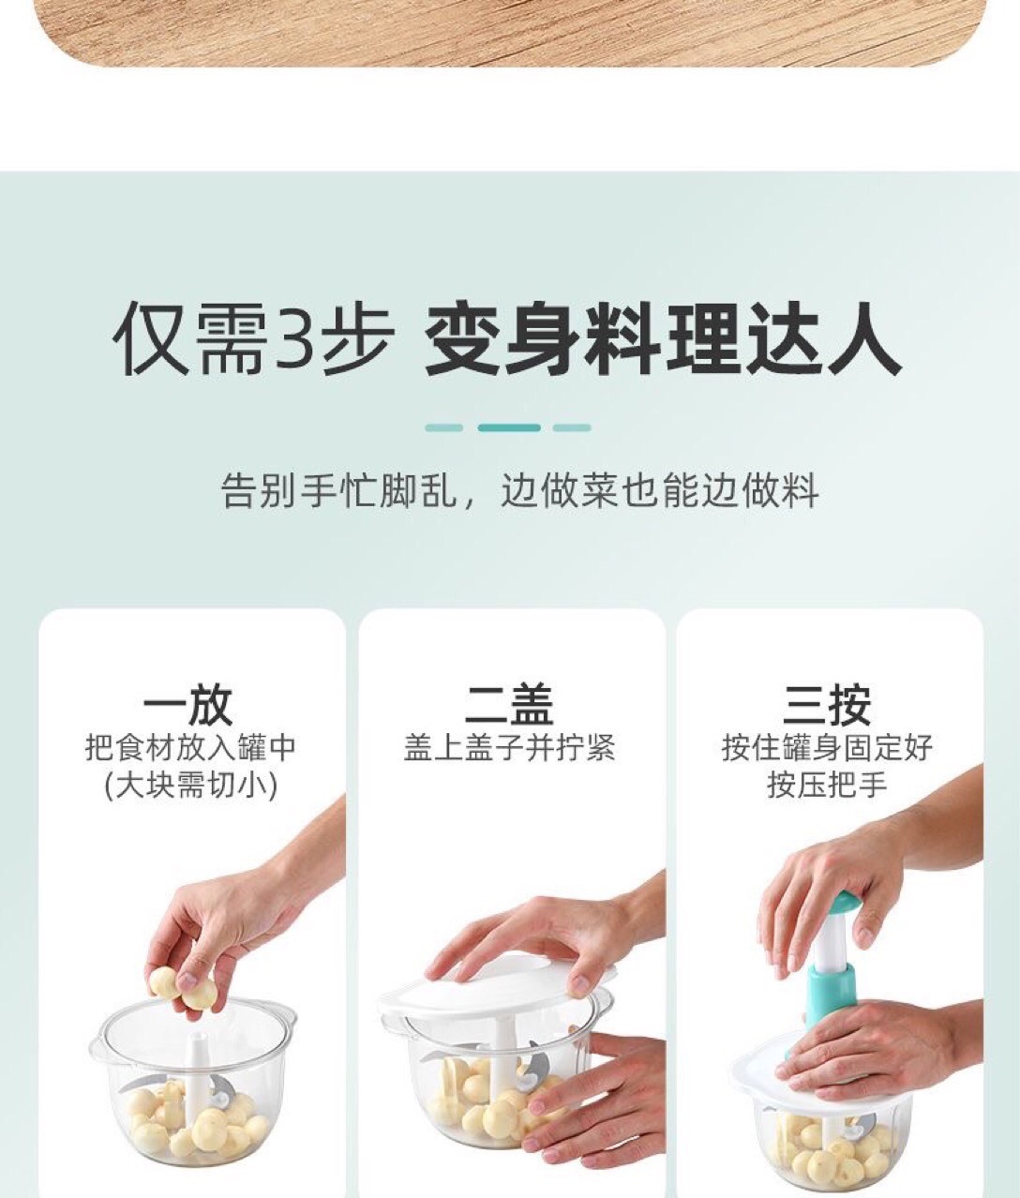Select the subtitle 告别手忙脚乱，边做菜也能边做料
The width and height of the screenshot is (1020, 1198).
coord(519,490)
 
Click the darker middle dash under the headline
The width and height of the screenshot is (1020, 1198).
coord(509,427)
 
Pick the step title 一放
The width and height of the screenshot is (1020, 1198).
coord(187,704)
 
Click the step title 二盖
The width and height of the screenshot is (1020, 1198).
coord(510,704)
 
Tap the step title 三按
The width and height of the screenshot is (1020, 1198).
coord(828,704)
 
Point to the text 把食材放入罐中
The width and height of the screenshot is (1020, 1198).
coord(190,748)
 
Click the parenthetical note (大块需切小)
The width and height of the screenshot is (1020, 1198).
coord(190,786)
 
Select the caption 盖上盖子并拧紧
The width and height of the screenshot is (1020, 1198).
coord(509,748)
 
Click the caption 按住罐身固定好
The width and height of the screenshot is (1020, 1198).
coord(828,748)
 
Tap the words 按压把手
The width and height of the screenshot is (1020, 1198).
coord(828,786)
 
